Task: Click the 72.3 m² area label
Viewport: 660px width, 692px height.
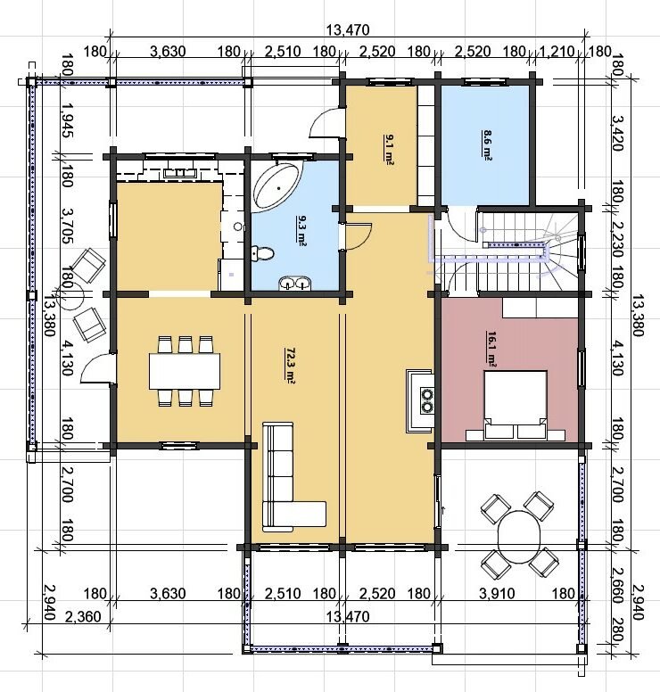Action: [x=291, y=366]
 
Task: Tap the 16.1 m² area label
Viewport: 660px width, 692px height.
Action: [x=491, y=349]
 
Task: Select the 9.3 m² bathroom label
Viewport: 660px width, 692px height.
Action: [x=302, y=230]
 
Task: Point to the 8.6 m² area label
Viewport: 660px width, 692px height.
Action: [x=487, y=145]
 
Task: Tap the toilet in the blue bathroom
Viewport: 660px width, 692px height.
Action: [x=263, y=254]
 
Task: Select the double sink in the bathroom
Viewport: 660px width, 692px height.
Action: [x=294, y=283]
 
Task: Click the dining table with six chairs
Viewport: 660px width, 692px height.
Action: [x=185, y=371]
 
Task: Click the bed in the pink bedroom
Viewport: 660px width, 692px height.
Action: [x=516, y=406]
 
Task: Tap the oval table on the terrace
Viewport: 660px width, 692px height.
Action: [x=519, y=536]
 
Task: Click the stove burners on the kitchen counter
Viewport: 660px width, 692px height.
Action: [x=427, y=400]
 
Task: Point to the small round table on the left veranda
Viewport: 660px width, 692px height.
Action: [x=70, y=295]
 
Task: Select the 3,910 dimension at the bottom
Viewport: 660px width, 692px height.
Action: [x=497, y=594]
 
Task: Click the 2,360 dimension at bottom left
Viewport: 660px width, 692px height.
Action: [x=83, y=616]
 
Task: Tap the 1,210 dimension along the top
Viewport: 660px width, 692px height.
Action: [x=557, y=51]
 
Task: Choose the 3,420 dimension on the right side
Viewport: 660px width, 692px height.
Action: [x=618, y=133]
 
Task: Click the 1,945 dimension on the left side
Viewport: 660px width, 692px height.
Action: [x=67, y=121]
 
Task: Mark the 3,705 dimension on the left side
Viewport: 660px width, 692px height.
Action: [x=67, y=227]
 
